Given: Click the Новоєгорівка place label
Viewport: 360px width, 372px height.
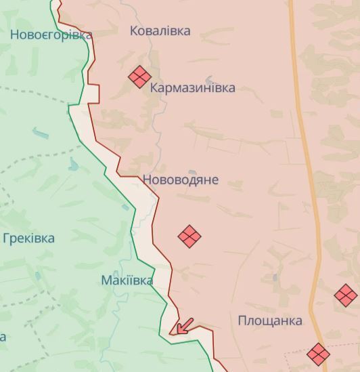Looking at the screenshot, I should pyautogui.click(x=51, y=35).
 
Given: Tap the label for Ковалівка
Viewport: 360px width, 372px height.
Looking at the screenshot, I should pyautogui.click(x=160, y=30).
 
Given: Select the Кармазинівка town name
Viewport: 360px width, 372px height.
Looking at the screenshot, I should pyautogui.click(x=193, y=88).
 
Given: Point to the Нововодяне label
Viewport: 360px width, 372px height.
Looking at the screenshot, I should pyautogui.click(x=181, y=180).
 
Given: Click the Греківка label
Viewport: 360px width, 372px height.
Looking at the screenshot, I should pyautogui.click(x=28, y=239).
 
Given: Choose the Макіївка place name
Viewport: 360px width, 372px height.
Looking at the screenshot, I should pyautogui.click(x=127, y=280).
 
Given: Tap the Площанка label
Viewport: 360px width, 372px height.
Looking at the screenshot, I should pyautogui.click(x=270, y=321).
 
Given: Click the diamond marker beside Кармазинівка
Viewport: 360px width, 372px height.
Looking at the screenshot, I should pyautogui.click(x=139, y=77).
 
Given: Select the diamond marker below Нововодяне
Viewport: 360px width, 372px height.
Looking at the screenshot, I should pyautogui.click(x=189, y=236).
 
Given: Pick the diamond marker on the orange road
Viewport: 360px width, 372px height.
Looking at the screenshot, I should pyautogui.click(x=318, y=354).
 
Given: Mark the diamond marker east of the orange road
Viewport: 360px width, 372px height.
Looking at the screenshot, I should pyautogui.click(x=346, y=295).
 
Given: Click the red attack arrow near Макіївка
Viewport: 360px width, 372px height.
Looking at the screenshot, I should pyautogui.click(x=183, y=326).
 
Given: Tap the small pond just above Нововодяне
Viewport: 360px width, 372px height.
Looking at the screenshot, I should pyautogui.click(x=193, y=172).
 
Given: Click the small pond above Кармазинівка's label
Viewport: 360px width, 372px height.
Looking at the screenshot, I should pyautogui.click(x=209, y=79).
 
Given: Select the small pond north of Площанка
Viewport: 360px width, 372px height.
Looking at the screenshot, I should pyautogui.click(x=275, y=277).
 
